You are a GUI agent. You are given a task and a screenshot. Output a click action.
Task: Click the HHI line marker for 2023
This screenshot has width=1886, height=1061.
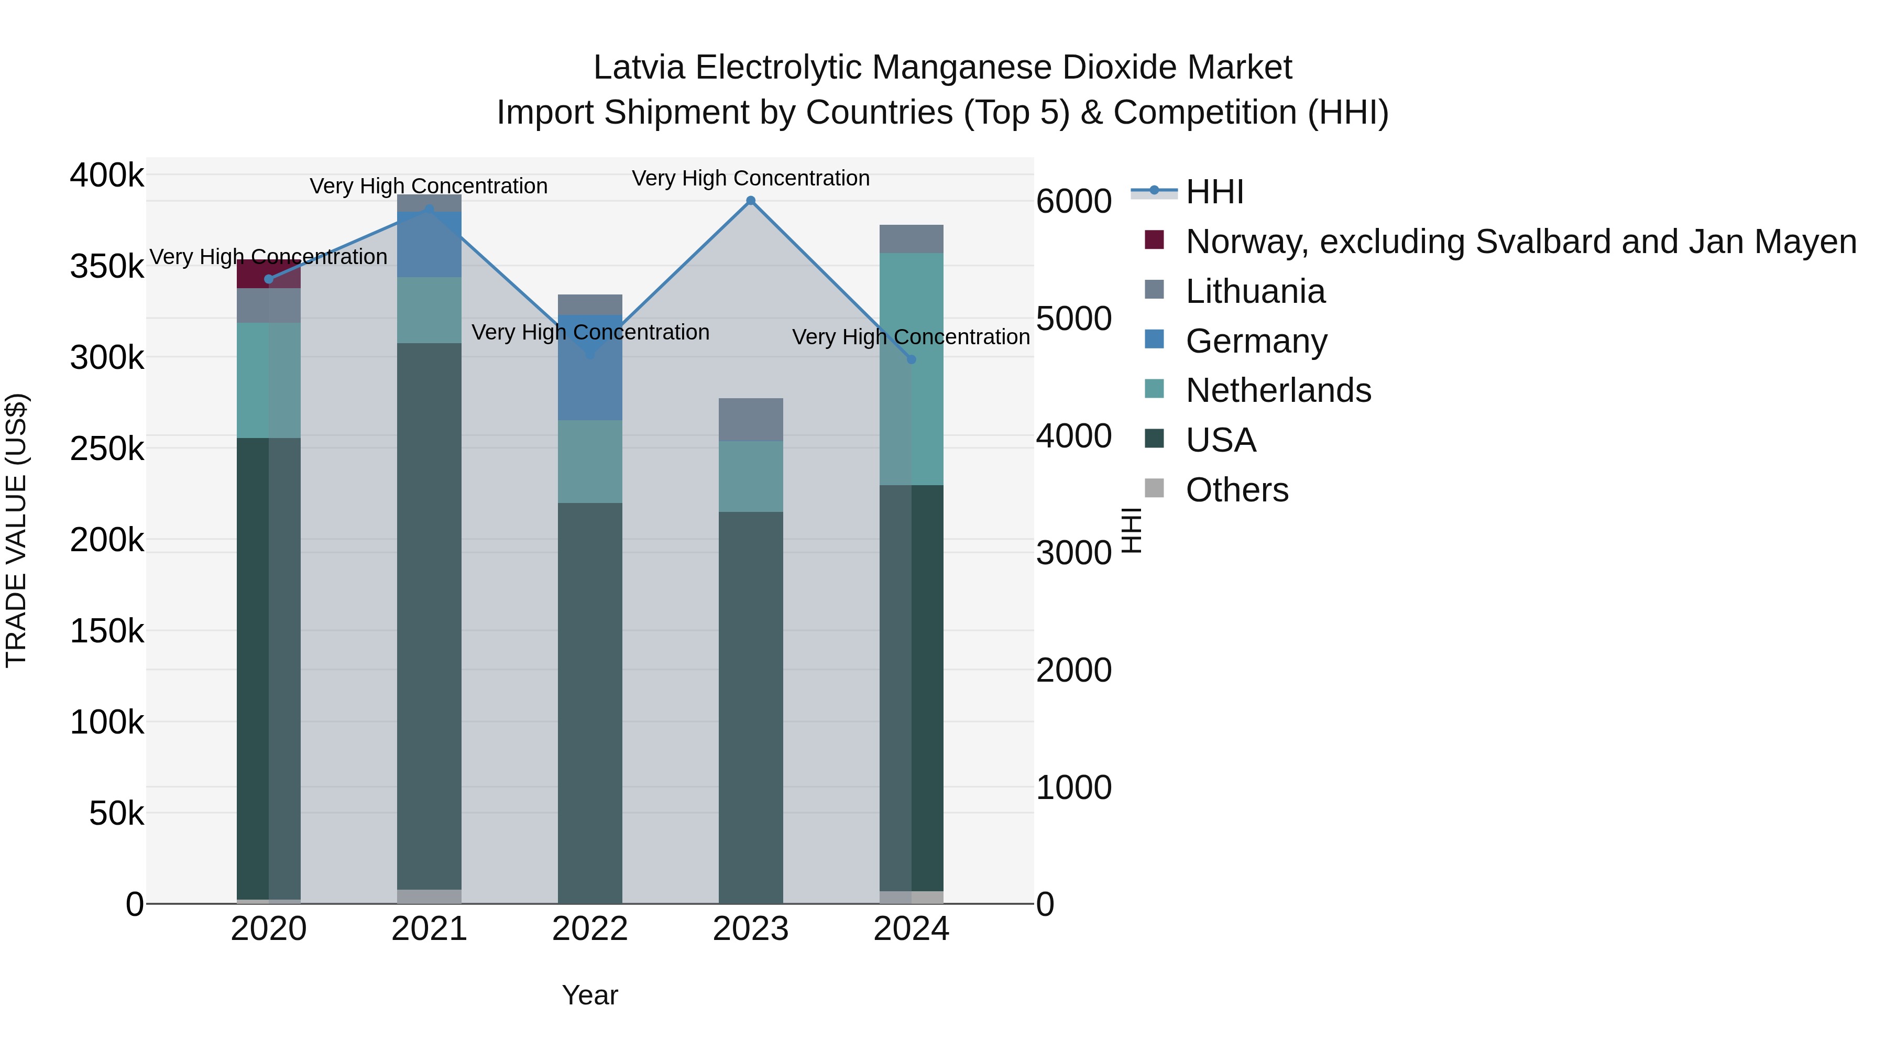click(750, 201)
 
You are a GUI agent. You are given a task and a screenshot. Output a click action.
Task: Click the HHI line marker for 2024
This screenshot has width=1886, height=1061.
click(912, 359)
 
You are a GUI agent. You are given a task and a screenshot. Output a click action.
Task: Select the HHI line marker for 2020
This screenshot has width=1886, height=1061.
click(269, 279)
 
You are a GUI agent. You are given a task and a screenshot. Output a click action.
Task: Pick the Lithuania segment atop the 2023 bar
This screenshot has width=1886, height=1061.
click(750, 420)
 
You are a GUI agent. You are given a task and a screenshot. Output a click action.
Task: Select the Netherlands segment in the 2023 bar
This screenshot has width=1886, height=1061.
click(750, 476)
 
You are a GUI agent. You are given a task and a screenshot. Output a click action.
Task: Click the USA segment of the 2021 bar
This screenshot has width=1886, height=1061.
click(429, 615)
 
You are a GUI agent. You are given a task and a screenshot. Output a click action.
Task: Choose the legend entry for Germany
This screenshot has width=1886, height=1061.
click(1256, 341)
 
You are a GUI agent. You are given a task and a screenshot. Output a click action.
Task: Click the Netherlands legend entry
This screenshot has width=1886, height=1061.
click(1278, 390)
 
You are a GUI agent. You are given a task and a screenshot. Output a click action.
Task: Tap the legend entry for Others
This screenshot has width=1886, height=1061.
click(1236, 490)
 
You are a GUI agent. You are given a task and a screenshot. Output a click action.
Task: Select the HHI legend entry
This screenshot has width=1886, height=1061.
click(1214, 192)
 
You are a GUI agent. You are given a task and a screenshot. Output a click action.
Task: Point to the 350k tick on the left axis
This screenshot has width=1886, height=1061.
click(107, 267)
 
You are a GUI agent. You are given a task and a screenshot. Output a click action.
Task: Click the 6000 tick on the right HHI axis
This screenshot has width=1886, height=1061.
click(1074, 201)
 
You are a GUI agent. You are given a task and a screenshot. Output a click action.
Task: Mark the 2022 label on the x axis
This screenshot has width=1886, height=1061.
click(590, 929)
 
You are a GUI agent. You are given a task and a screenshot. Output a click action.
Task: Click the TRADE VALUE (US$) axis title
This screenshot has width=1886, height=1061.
click(16, 530)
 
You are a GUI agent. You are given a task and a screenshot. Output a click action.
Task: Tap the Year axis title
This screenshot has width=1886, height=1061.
click(590, 995)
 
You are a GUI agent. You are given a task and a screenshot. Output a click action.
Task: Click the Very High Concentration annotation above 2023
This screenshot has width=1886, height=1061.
click(750, 178)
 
